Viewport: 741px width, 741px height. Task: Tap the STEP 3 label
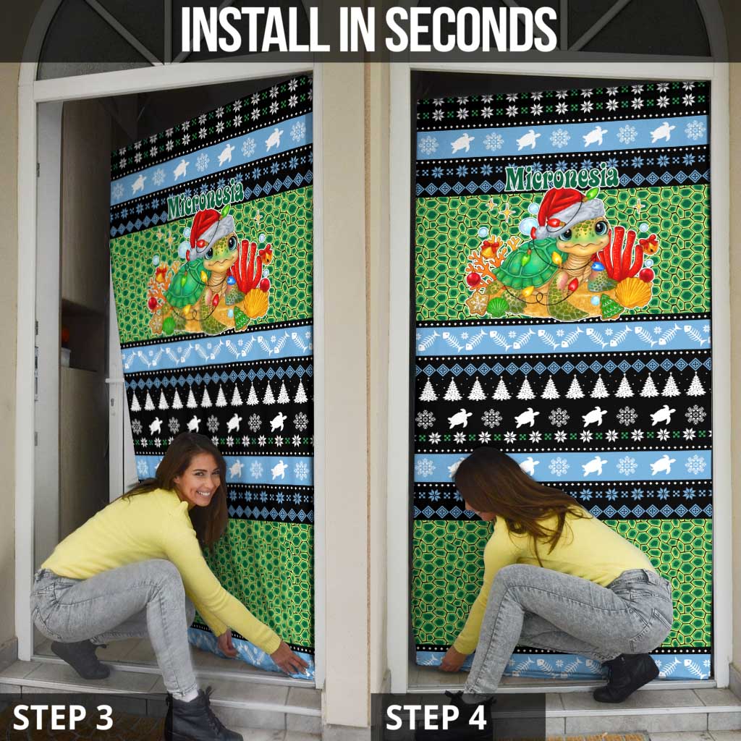tap(63, 717)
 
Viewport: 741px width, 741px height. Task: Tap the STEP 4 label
tap(436, 717)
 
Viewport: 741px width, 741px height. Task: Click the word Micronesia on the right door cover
tap(562, 177)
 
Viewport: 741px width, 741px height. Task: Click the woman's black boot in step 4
tap(626, 677)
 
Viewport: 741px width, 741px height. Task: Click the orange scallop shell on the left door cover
tap(255, 302)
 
